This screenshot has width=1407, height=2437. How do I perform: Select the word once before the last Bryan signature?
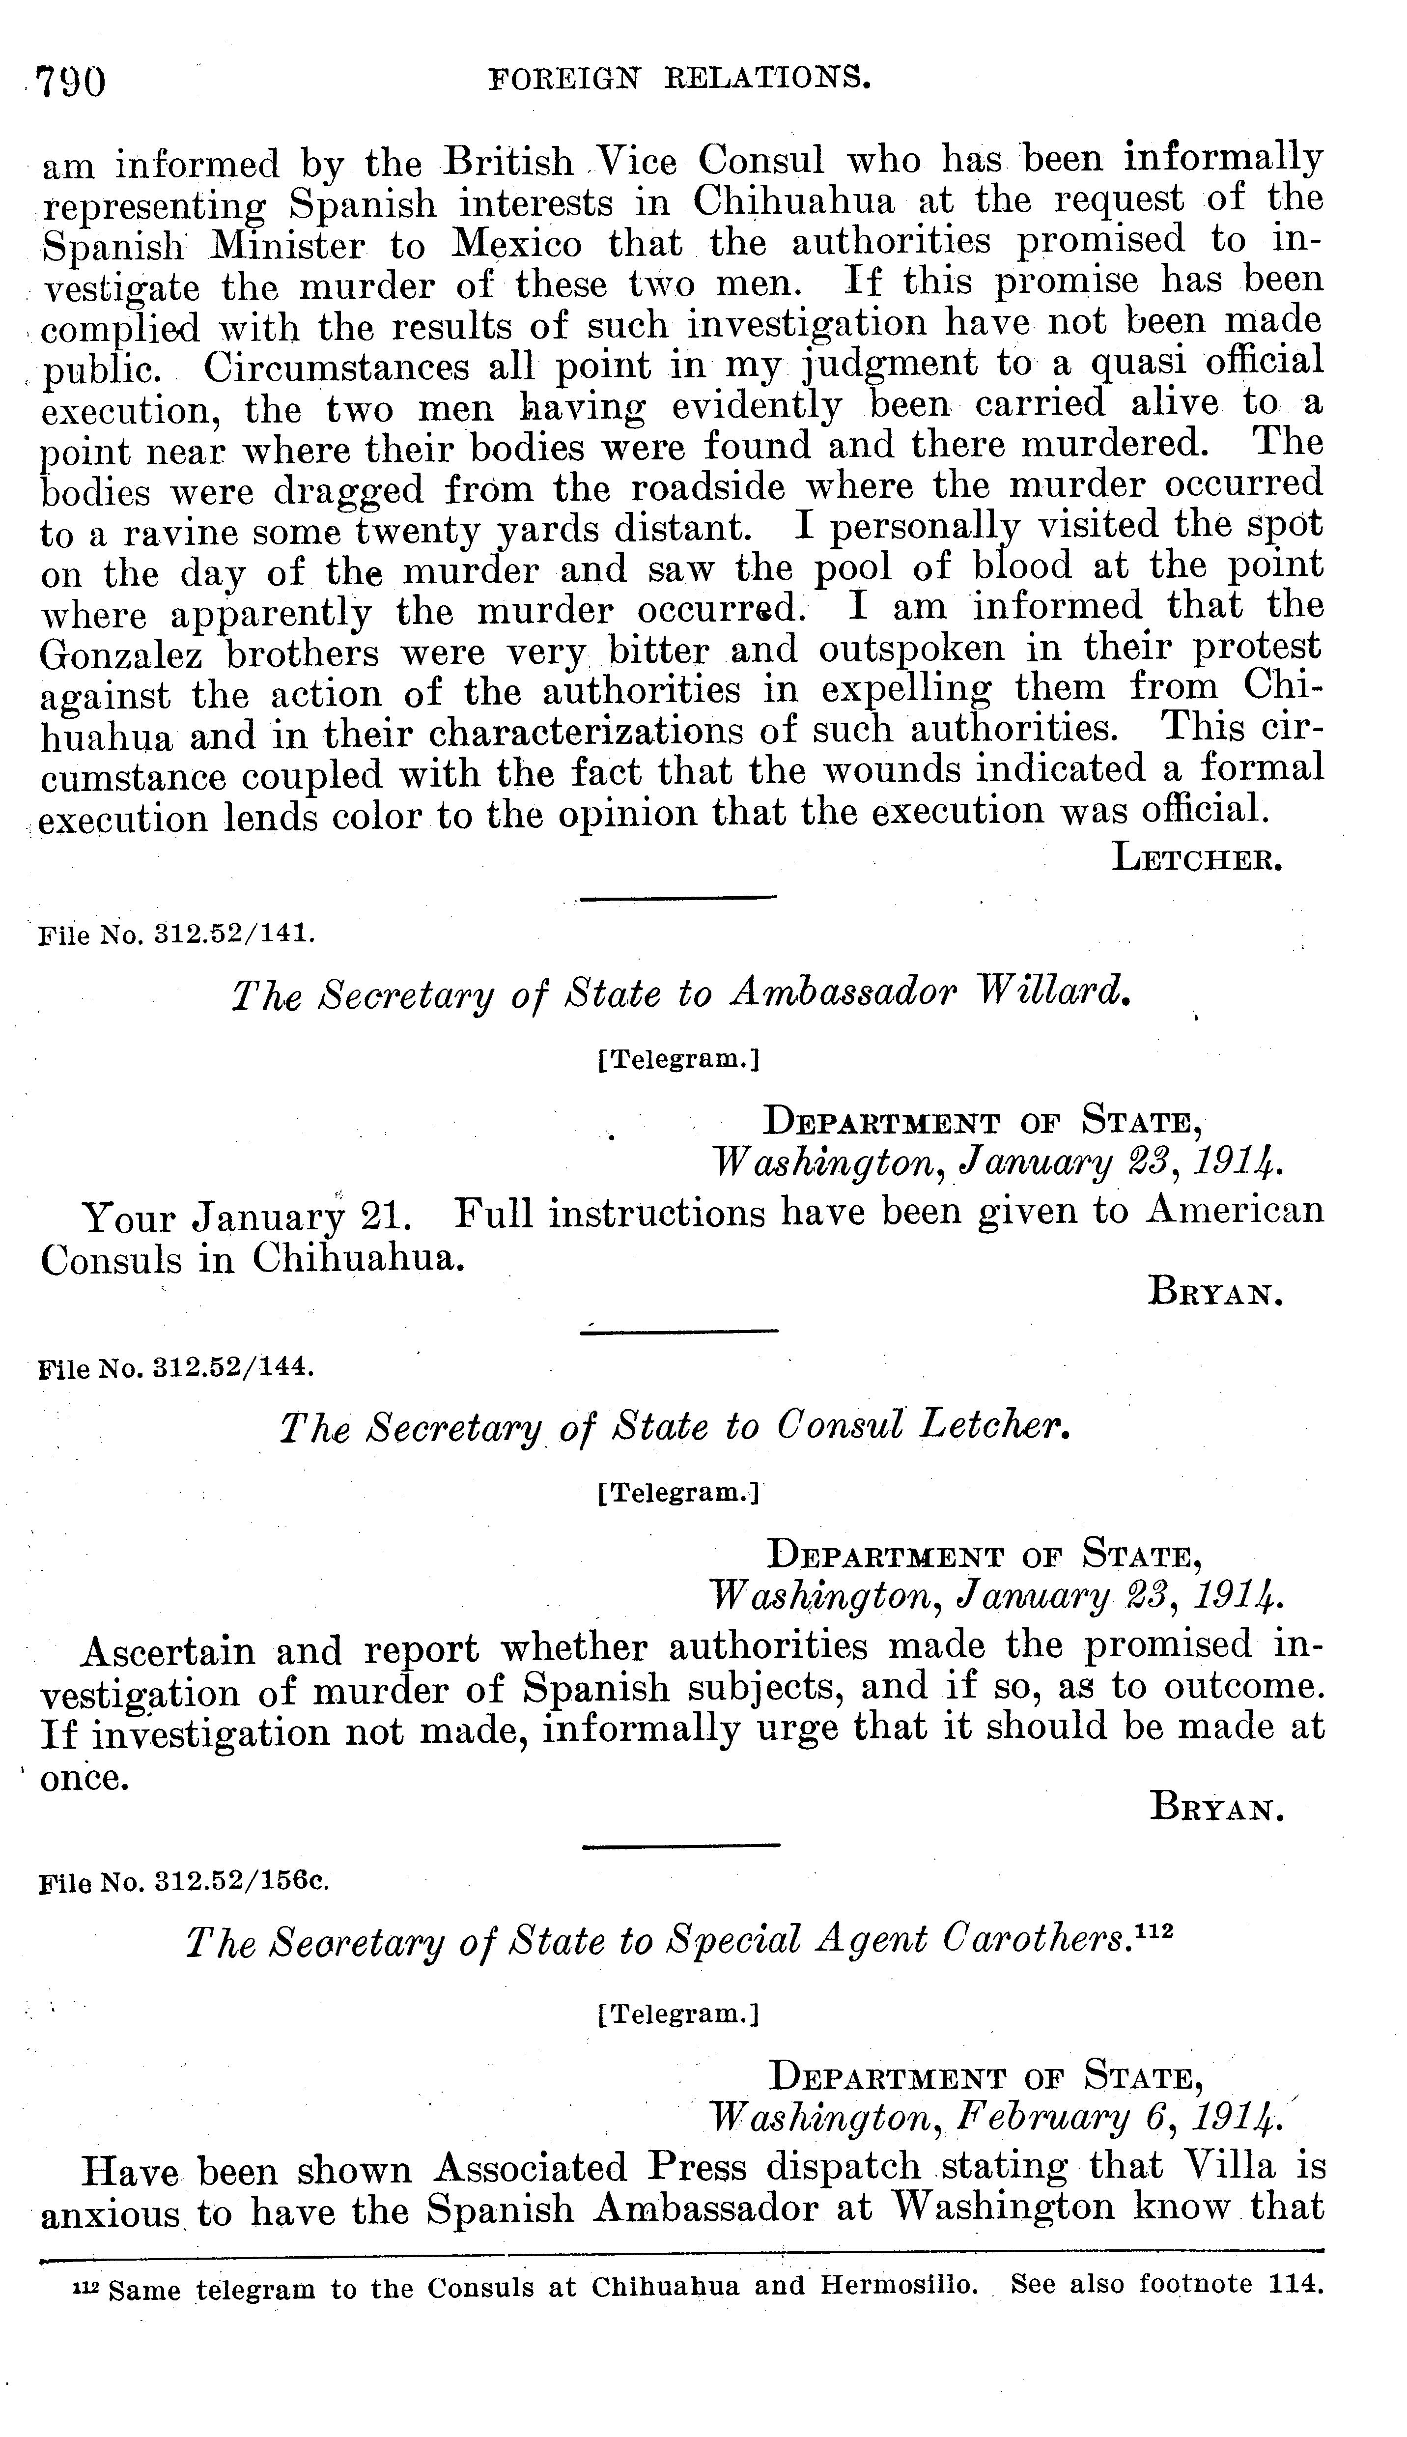[85, 1778]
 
